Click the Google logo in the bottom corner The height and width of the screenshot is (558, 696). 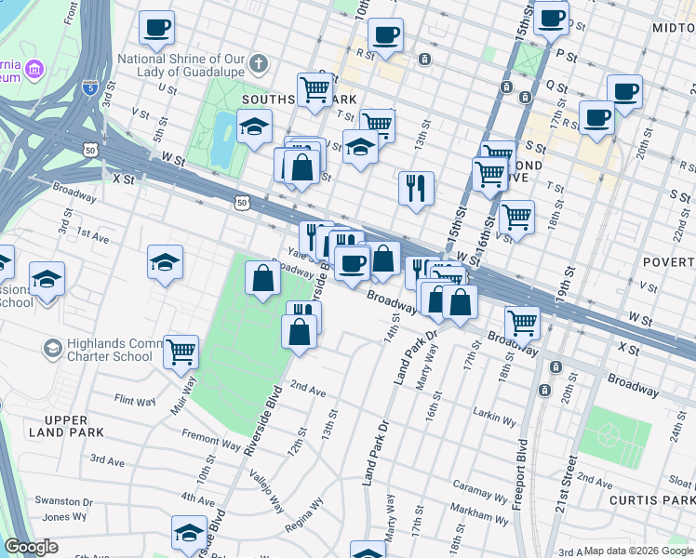tap(32, 547)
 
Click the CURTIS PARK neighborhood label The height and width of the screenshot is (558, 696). tap(651, 501)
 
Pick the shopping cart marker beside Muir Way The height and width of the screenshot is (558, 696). tap(181, 352)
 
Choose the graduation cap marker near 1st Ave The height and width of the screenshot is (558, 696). tap(165, 261)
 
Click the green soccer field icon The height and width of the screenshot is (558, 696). tap(611, 434)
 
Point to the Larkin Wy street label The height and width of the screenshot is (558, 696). tap(496, 419)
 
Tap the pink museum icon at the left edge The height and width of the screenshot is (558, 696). tap(34, 70)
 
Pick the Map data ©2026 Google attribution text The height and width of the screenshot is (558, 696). tap(638, 551)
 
